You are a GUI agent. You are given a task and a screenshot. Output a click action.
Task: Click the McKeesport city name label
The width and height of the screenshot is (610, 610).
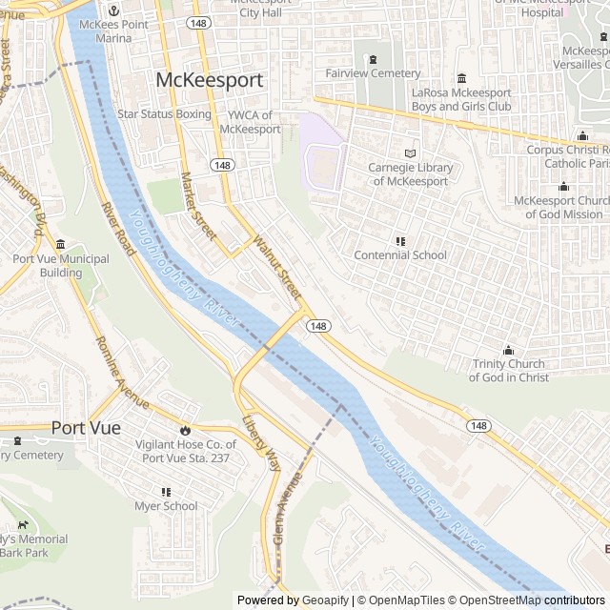[x=209, y=80]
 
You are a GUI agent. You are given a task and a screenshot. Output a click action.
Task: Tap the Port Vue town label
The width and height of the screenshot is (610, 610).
[x=86, y=428]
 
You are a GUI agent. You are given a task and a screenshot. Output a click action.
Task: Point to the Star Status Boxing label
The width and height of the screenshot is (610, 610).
[x=164, y=114]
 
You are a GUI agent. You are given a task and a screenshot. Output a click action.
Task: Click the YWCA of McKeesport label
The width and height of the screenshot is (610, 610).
[x=249, y=122]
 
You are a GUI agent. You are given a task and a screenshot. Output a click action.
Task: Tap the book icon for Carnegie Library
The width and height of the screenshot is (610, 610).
[x=410, y=152]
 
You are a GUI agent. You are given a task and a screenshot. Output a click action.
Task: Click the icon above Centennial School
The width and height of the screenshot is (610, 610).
[x=400, y=241]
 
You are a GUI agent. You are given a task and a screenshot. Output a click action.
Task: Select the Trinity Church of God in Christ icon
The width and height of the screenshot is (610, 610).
[x=508, y=350]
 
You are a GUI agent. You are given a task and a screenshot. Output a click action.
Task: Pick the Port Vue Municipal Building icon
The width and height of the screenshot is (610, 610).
[x=61, y=245]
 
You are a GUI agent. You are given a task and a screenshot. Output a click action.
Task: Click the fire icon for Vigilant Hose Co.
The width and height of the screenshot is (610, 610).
[x=185, y=430]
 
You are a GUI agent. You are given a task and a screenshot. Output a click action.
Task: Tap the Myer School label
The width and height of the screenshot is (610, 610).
[x=166, y=506]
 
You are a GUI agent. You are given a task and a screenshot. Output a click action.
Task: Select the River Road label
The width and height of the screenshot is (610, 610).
[x=120, y=228]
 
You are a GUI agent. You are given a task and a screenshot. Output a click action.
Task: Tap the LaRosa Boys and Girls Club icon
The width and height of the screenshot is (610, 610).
[x=461, y=78]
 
